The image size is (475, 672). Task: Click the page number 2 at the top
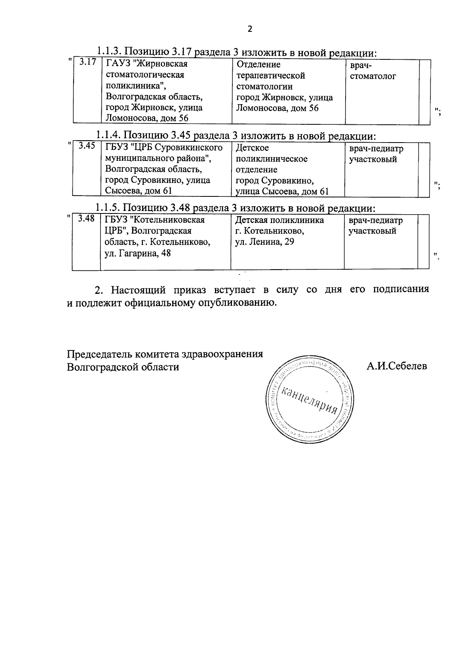click(249, 29)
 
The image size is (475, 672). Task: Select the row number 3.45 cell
click(87, 146)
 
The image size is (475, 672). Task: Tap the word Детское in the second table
click(252, 148)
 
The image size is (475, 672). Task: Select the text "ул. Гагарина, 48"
click(138, 253)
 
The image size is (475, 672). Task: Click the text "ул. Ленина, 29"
click(264, 242)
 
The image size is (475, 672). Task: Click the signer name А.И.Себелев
click(397, 366)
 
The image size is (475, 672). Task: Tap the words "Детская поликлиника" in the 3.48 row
click(279, 220)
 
